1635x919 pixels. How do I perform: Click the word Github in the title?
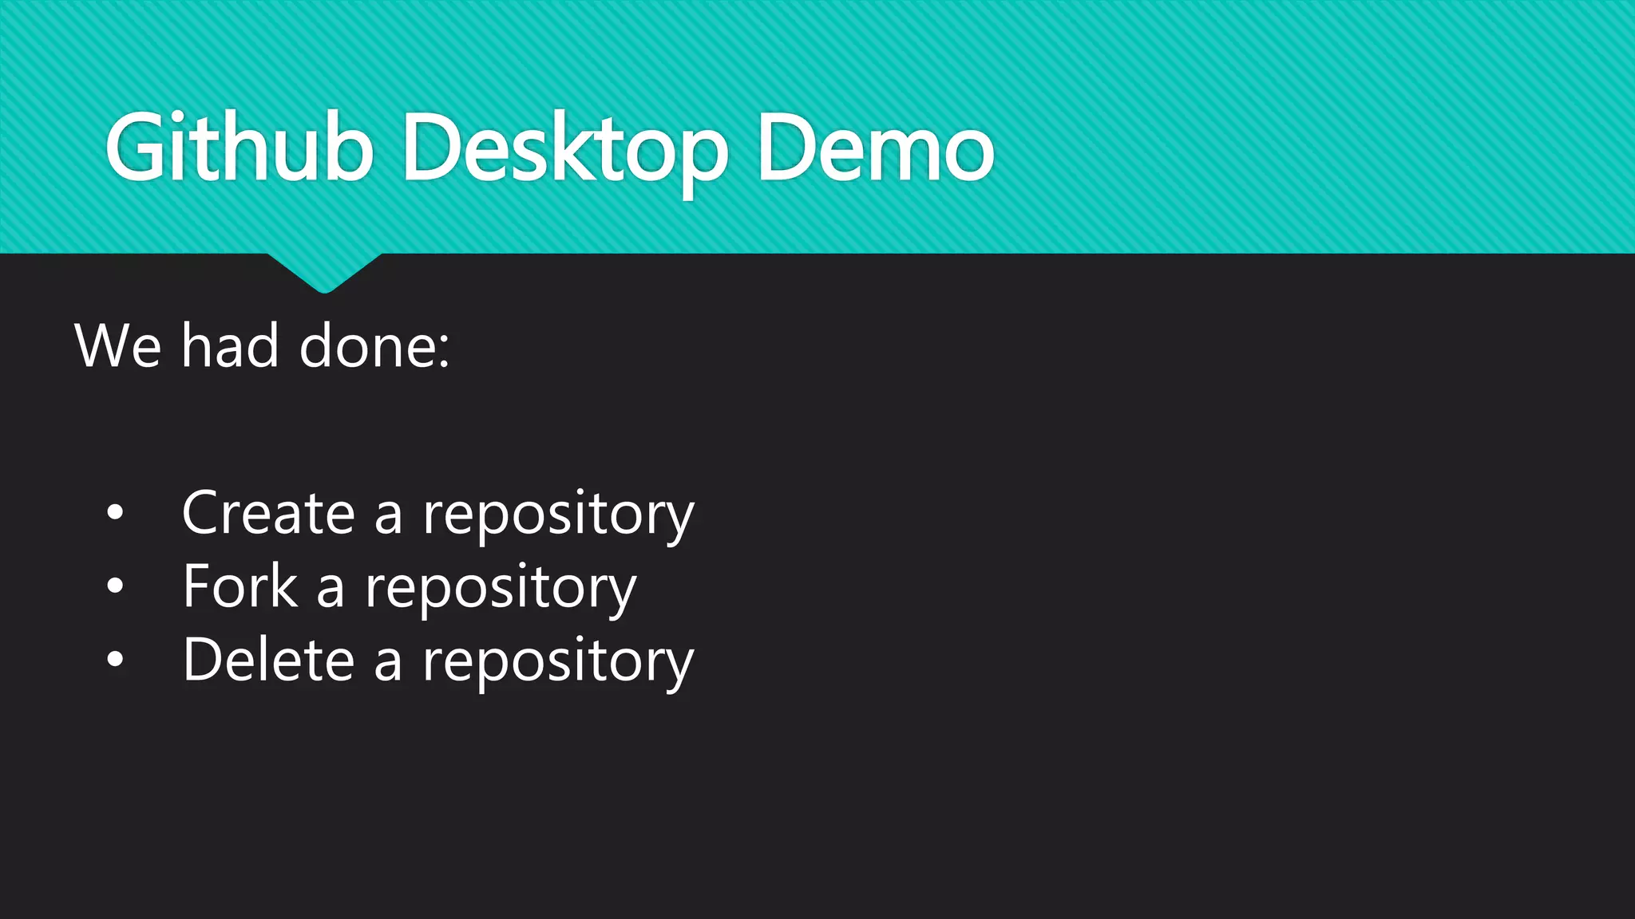pos(240,148)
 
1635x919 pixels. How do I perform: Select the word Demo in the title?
pos(875,148)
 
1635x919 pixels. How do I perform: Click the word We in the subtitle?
pos(117,346)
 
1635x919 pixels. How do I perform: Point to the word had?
pos(230,346)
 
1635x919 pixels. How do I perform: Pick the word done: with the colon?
pos(374,346)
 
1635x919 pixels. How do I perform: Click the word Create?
pos(268,512)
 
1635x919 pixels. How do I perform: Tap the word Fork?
pos(240,586)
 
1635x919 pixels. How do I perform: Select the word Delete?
pos(268,660)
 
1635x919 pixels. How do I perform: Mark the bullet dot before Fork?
pos(116,586)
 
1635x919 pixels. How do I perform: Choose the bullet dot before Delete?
pos(116,660)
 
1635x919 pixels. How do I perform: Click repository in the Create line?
pos(559,515)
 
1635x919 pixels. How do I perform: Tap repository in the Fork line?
pos(501,589)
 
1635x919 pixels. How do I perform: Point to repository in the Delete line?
pos(558,662)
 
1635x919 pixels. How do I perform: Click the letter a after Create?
pos(388,515)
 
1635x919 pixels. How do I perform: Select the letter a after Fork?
pos(331,589)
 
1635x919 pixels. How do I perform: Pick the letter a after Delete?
pos(388,662)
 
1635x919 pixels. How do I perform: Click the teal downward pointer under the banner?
pos(324,272)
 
